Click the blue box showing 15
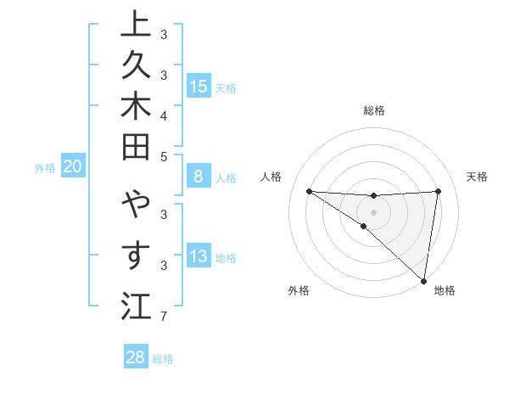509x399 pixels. click(199, 86)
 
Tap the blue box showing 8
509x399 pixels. click(199, 177)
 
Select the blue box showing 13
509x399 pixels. click(199, 256)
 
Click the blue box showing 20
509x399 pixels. click(73, 167)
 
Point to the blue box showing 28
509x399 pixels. click(135, 357)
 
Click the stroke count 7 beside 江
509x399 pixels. click(164, 318)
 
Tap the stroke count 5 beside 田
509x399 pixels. click(164, 157)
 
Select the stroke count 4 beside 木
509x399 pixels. click(164, 115)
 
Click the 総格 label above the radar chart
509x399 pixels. click(374, 110)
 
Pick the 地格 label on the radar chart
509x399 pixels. click(445, 290)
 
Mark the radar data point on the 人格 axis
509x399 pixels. click(309, 191)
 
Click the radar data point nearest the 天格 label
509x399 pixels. click(438, 191)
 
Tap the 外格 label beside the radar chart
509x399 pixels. click(299, 290)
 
